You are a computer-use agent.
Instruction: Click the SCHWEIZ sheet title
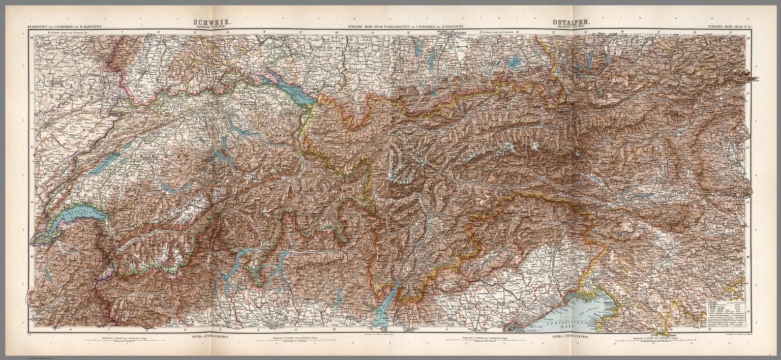click(206, 22)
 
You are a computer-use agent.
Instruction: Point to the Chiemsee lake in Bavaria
click(514, 62)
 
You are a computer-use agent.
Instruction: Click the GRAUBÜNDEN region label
click(325, 203)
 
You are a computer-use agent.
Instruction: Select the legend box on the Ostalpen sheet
click(725, 315)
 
